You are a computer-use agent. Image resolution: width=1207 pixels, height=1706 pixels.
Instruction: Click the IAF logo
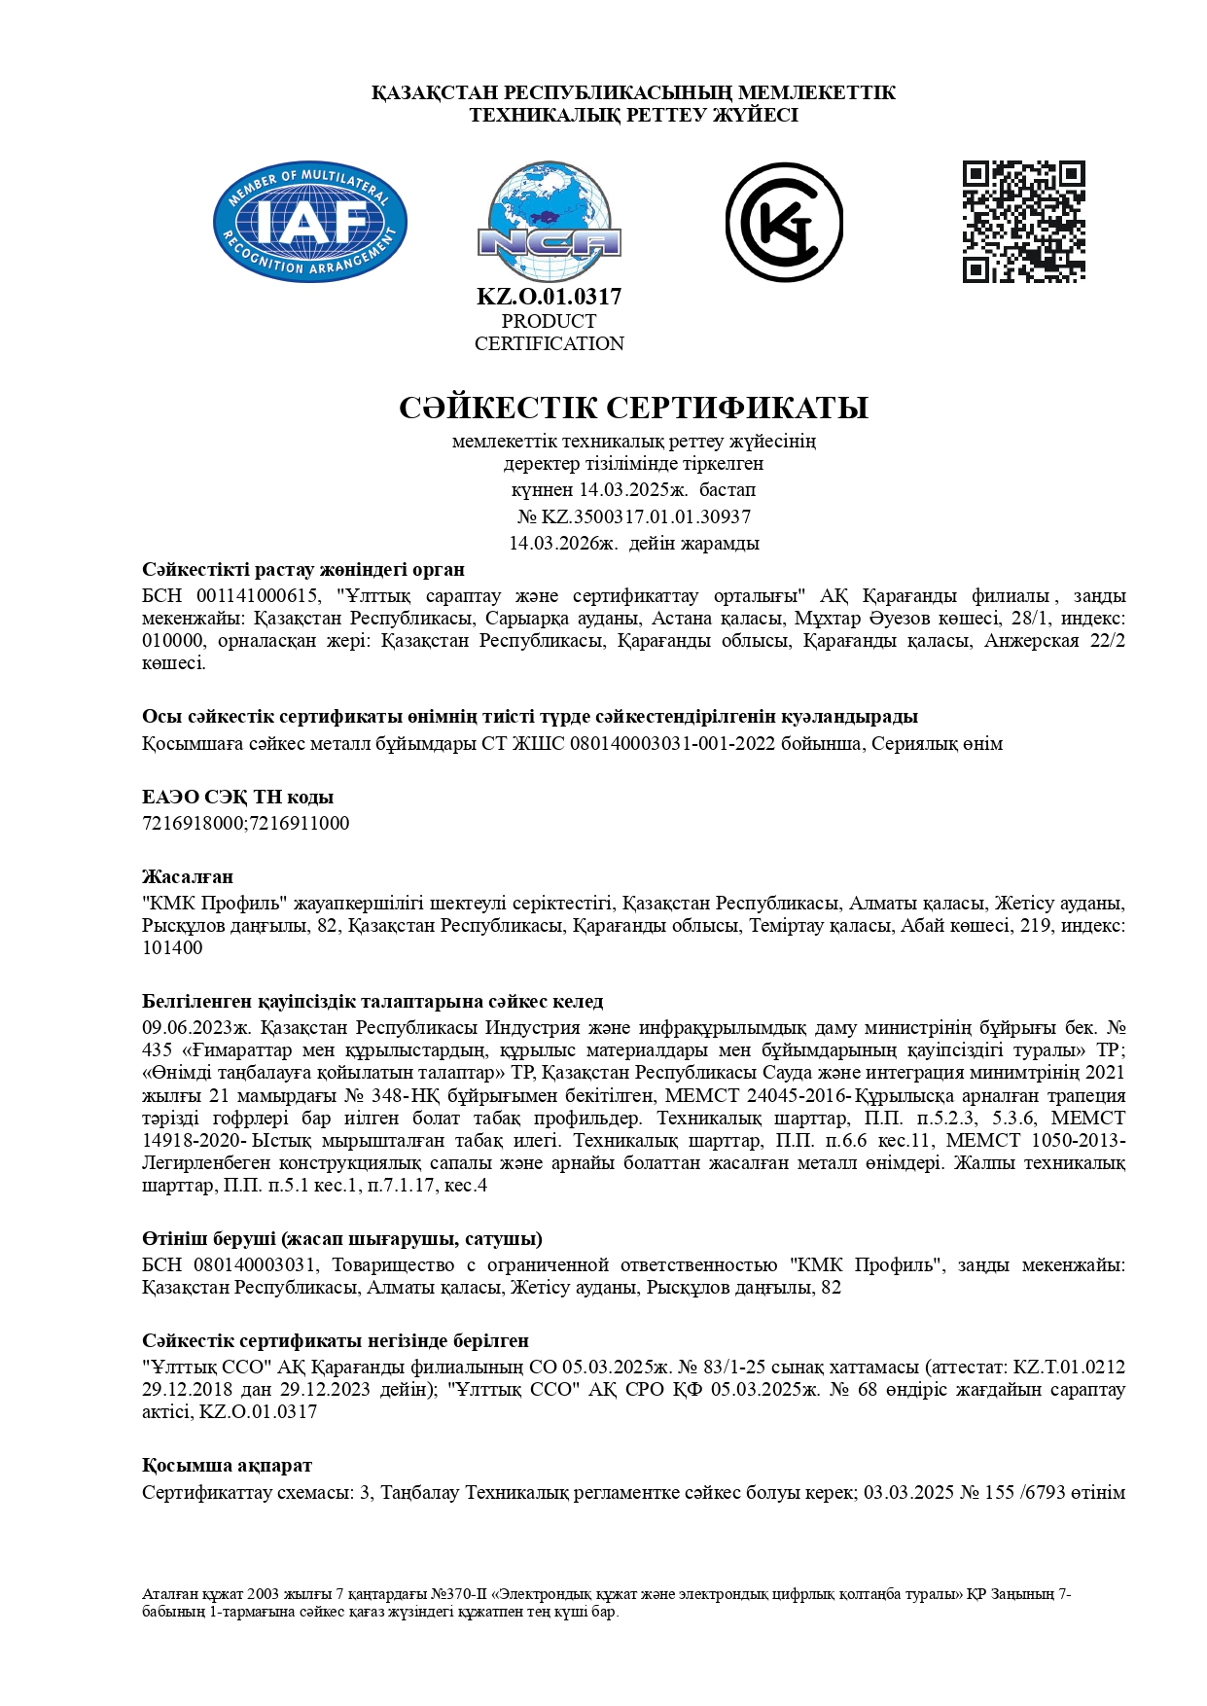coord(309,222)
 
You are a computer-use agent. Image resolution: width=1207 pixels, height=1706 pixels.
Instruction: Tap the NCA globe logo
coord(549,222)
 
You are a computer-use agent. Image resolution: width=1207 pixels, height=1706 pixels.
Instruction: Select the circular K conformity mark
coord(784,222)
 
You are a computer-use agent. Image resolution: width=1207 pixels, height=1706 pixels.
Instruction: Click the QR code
coord(1023,222)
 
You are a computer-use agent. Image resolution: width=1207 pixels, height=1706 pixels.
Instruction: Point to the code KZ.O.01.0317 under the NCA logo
coord(549,297)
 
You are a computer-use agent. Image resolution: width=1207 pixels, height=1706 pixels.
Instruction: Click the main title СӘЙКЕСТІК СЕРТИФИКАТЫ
coord(633,408)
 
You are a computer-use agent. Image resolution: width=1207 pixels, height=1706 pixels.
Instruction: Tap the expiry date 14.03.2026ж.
coord(563,543)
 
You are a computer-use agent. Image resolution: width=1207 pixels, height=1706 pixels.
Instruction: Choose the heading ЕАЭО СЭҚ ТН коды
coord(237,798)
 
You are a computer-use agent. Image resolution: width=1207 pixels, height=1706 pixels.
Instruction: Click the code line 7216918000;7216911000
coord(245,823)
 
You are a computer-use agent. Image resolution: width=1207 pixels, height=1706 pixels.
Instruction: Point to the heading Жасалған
coord(188,876)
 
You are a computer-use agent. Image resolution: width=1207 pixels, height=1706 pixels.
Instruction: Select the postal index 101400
coord(172,947)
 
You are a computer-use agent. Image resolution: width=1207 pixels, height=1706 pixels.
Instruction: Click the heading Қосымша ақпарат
coord(227,1465)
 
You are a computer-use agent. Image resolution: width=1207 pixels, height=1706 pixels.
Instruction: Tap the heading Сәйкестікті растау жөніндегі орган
coord(303,569)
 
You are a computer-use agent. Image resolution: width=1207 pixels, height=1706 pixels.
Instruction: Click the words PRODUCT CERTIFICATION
coord(549,332)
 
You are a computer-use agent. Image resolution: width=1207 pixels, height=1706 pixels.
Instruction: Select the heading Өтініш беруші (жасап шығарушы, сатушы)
coord(342,1238)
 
